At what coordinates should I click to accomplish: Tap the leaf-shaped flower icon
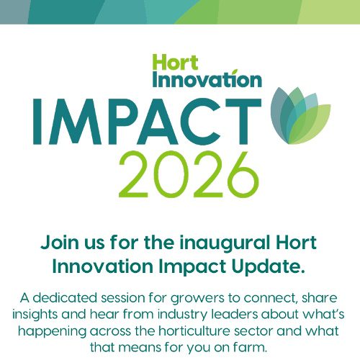click(x=298, y=115)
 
